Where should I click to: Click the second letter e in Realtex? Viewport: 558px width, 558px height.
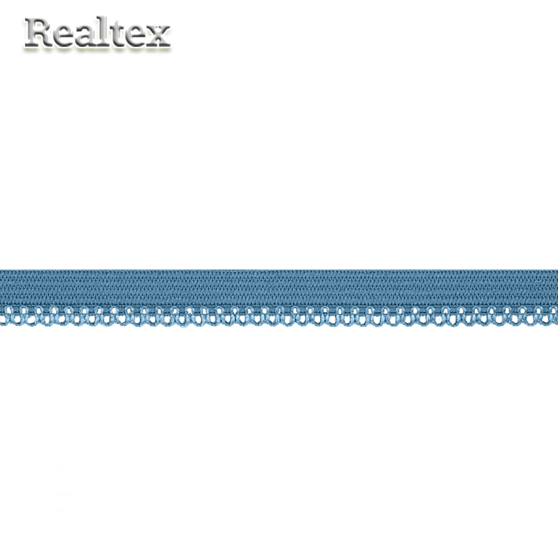point(136,37)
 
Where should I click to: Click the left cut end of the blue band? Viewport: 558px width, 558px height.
point(1,295)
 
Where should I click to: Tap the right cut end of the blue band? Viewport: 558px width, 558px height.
point(556,295)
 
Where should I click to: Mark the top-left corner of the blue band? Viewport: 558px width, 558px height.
point(1,270)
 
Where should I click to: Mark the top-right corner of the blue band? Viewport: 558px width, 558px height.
point(557,270)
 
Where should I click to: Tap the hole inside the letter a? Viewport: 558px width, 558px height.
point(85,40)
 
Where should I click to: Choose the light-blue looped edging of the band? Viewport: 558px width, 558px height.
point(279,317)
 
